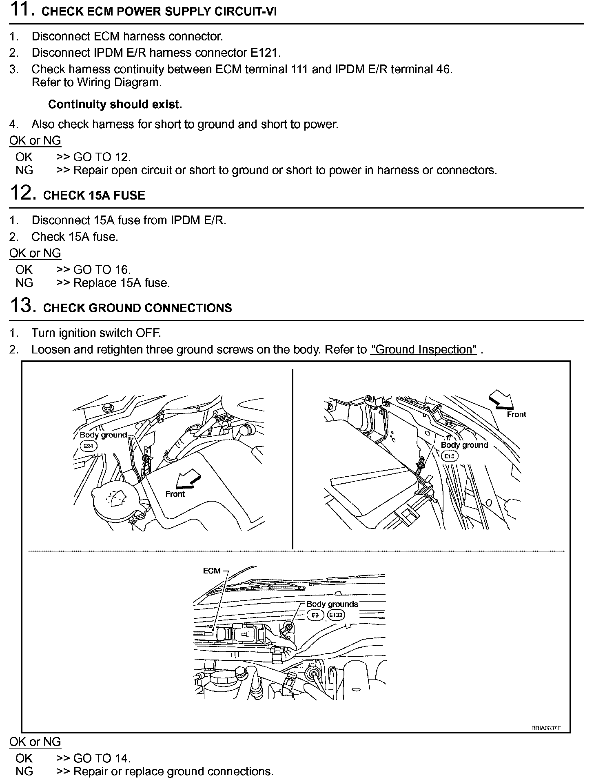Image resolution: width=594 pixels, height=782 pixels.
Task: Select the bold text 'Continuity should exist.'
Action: (x=115, y=104)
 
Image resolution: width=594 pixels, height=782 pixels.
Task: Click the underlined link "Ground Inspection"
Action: (x=423, y=350)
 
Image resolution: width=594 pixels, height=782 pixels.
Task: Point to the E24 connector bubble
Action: (x=88, y=446)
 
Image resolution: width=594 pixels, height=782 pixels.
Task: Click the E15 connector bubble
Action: (x=449, y=456)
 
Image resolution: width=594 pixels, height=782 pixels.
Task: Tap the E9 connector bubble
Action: (x=315, y=615)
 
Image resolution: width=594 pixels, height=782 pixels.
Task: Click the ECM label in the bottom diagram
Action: (x=212, y=571)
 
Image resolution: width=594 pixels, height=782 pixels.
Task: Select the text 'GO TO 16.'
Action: (x=102, y=270)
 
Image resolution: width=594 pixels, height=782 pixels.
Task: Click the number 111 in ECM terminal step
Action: (x=300, y=69)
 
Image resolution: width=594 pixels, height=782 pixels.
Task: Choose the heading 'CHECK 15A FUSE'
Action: (x=94, y=195)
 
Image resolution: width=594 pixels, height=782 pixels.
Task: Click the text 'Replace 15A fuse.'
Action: (x=122, y=283)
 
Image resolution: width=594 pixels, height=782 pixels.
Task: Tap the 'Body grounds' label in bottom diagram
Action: (x=332, y=604)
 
